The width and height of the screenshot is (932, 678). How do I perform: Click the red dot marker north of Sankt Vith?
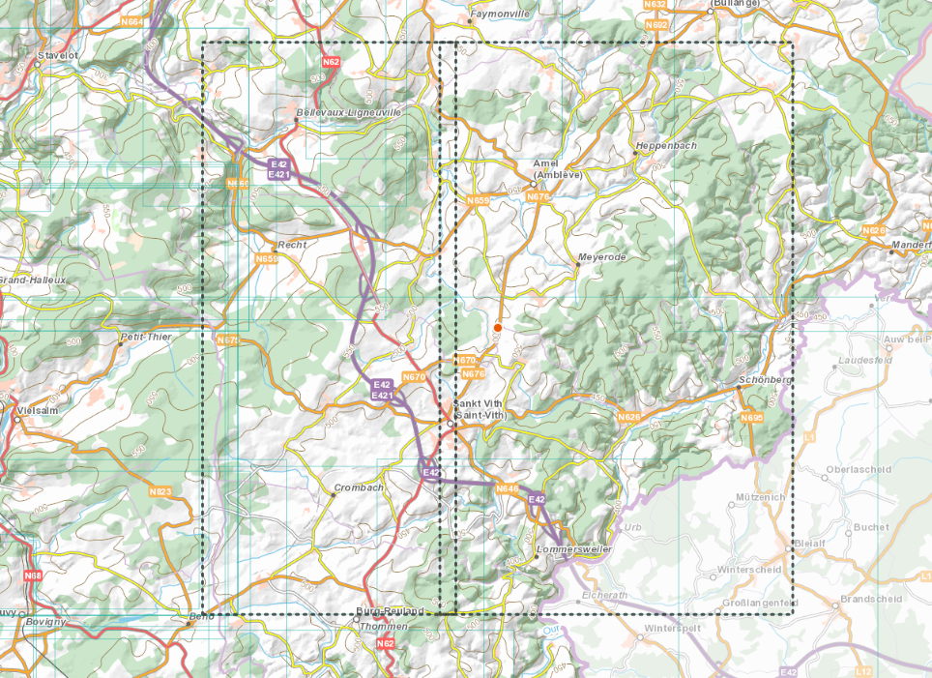497,328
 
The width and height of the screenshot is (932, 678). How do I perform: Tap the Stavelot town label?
56,56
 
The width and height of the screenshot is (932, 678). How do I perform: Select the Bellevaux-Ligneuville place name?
348,112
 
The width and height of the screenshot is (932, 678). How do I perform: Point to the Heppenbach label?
665,146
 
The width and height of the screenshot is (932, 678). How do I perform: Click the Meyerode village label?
601,258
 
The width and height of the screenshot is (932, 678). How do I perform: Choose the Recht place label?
291,245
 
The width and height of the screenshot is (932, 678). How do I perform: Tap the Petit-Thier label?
145,338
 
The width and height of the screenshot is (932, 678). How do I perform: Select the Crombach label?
358,487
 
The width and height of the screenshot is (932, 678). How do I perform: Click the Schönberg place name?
765,380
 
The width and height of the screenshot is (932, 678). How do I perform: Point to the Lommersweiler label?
573,549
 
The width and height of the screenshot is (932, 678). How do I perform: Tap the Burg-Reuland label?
391,611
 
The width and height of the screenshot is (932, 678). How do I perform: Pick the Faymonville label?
499,15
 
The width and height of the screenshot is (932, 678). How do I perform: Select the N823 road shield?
160,492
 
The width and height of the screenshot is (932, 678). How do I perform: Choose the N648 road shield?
508,489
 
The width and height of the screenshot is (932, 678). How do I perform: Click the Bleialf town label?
809,543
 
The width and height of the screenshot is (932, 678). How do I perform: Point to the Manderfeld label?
911,246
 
